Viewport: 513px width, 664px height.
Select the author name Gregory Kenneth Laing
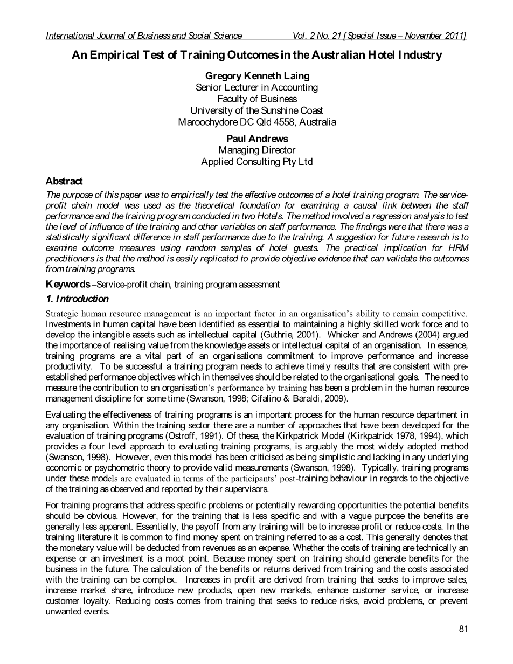point(256,76)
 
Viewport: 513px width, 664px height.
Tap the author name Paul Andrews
point(256,139)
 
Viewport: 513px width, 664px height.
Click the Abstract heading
point(64,181)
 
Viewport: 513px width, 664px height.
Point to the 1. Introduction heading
point(77,299)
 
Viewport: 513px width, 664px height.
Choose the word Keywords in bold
point(68,284)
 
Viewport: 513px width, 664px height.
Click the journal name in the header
point(144,36)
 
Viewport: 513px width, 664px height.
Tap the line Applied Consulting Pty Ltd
point(256,161)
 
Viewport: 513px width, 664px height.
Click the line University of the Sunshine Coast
point(256,110)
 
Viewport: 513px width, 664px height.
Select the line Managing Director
point(256,150)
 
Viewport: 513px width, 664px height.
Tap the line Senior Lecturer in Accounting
point(256,87)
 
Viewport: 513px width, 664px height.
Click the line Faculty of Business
point(256,99)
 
